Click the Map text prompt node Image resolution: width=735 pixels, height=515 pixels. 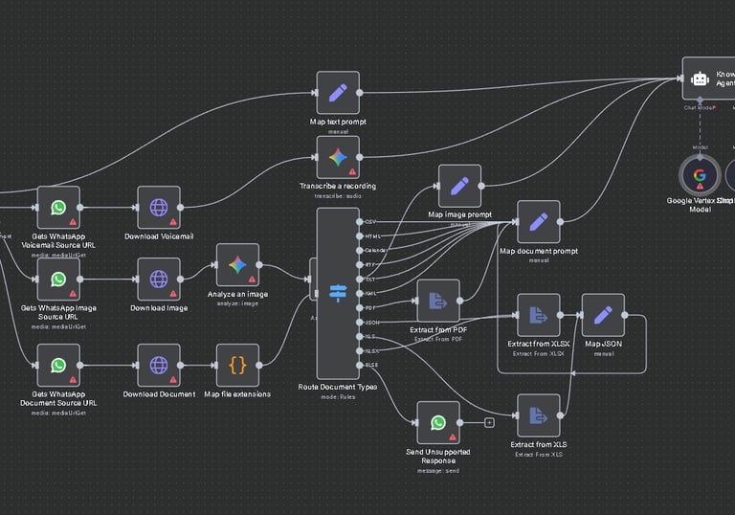tap(338, 93)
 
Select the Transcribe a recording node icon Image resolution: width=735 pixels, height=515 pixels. tap(338, 157)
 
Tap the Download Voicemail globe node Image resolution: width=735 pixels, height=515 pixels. tap(159, 208)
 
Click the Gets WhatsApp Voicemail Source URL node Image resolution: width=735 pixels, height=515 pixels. tap(58, 208)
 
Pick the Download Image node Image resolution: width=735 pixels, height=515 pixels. tap(159, 280)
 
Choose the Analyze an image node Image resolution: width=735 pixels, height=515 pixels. tap(237, 265)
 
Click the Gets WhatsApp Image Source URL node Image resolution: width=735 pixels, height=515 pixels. tap(58, 280)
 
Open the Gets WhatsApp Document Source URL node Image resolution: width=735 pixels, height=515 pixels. tap(58, 366)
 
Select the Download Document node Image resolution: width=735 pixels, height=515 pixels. tap(159, 366)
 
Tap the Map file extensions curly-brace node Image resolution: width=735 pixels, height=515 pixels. tap(237, 366)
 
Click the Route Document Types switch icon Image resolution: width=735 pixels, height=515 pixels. tap(338, 293)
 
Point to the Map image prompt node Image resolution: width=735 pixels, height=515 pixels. tap(459, 186)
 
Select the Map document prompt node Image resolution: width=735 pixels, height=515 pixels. tap(539, 222)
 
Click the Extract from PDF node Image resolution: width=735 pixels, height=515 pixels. tap(438, 302)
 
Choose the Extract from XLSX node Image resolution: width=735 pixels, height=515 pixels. tap(539, 316)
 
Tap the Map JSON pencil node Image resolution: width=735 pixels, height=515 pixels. tap(603, 316)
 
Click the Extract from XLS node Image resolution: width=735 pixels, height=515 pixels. tap(539, 415)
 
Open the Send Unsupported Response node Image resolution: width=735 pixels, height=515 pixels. tap(438, 422)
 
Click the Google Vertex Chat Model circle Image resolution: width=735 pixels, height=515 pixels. tap(700, 175)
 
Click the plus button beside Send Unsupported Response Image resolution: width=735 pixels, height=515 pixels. tap(489, 422)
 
